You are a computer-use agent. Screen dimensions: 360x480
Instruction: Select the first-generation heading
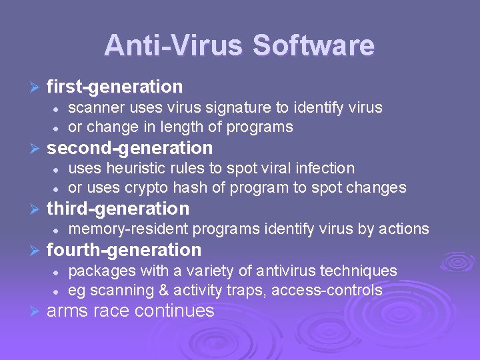[115, 87]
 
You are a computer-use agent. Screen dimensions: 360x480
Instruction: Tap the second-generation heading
[130, 148]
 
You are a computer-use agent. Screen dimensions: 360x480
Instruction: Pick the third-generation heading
[118, 209]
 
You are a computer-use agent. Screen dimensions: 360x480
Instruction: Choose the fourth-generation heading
[124, 250]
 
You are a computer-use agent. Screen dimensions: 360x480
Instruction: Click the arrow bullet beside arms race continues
[35, 311]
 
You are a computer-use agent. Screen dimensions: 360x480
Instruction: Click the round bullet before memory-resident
[57, 229]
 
